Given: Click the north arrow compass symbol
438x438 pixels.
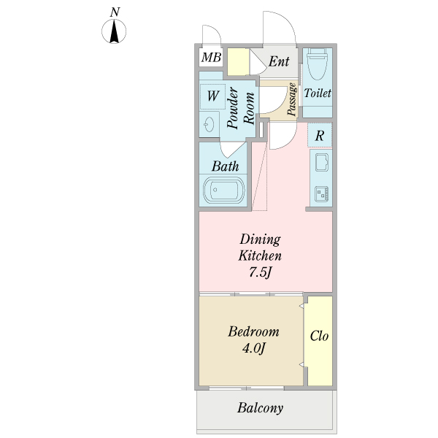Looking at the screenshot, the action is (114, 31).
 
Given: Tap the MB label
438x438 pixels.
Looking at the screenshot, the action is (211, 57).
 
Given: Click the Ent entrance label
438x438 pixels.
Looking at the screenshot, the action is (279, 61).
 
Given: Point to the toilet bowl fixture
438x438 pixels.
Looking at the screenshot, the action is (317, 64).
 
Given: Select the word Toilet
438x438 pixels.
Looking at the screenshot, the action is (318, 93).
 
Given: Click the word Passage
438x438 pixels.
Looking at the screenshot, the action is (292, 99).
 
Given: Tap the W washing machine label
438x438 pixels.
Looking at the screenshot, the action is (213, 96).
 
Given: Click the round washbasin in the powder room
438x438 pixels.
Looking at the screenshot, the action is (209, 124).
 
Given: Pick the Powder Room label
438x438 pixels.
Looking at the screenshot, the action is (240, 108).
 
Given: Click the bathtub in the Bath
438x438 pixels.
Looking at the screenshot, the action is (223, 190).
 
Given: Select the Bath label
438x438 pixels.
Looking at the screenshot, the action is (225, 166).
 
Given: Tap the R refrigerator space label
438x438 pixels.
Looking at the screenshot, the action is (320, 136).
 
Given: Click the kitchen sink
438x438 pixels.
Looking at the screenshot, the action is (322, 162).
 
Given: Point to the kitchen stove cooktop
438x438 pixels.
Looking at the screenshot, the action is (322, 194).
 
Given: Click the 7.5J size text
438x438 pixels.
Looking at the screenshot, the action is (260, 272).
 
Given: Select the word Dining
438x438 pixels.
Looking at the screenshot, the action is (260, 239).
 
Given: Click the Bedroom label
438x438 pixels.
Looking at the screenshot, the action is (253, 331).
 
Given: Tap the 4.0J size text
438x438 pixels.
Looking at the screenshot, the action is (253, 348).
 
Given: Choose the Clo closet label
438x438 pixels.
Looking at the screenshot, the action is (319, 336).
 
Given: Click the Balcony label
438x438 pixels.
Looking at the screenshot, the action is (261, 408).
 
